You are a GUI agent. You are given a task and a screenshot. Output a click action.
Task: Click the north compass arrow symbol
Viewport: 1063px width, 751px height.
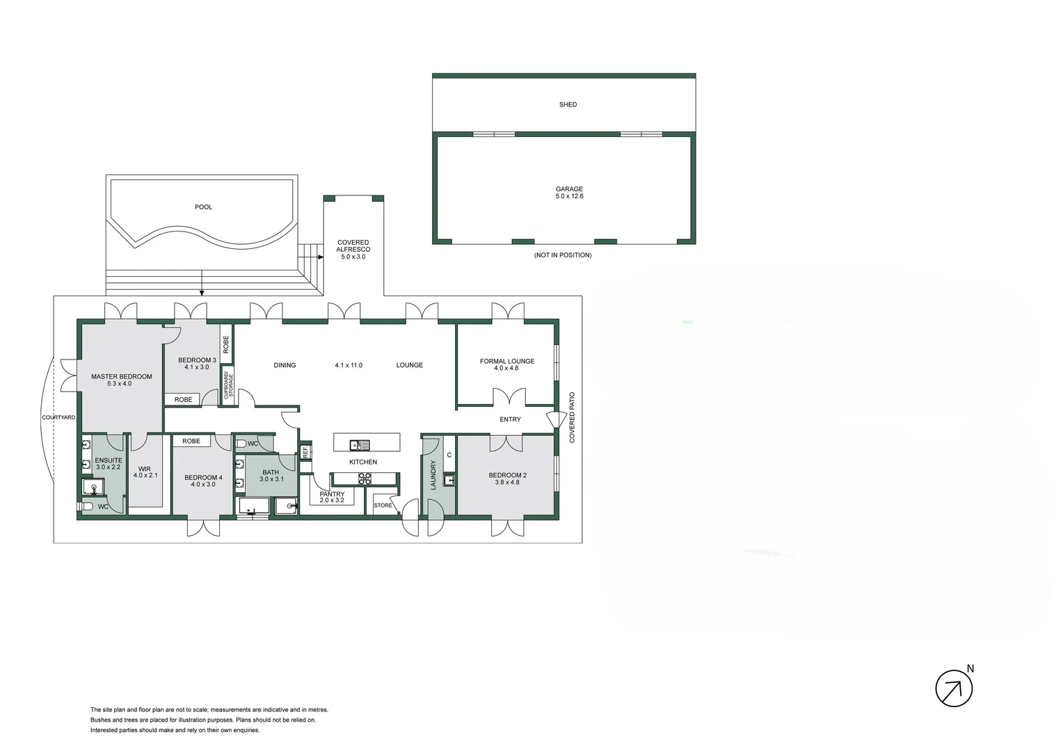[x=954, y=689]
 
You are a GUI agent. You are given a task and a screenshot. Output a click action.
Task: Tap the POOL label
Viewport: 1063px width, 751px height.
[x=204, y=207]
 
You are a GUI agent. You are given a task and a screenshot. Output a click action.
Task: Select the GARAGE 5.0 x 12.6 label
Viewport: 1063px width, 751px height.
[x=569, y=193]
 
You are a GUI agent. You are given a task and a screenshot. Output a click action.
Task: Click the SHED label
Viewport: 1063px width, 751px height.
[x=568, y=105]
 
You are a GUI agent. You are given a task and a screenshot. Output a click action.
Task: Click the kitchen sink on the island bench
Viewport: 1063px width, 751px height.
[x=360, y=445]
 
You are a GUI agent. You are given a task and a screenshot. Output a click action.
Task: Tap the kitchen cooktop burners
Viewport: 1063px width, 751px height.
[x=365, y=478]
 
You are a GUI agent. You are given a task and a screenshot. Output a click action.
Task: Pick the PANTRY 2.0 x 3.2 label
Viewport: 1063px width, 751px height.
[x=332, y=497]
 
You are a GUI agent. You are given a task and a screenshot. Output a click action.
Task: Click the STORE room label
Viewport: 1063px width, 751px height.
[x=383, y=506]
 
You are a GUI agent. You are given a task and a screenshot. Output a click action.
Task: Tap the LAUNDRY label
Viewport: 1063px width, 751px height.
[x=433, y=475]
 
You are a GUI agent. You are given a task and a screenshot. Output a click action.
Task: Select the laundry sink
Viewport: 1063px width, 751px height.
[x=449, y=480]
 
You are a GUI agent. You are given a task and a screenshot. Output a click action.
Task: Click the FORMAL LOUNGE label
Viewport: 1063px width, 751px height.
[x=506, y=364]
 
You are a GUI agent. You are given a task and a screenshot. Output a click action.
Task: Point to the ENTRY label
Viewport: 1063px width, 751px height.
[x=510, y=419]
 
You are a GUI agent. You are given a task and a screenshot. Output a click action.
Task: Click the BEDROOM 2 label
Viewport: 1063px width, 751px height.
[x=506, y=478]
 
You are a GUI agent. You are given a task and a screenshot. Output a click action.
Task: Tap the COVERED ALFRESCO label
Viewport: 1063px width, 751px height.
[x=353, y=250]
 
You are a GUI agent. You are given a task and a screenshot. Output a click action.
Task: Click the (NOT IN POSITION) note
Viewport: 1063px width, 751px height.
[x=563, y=255]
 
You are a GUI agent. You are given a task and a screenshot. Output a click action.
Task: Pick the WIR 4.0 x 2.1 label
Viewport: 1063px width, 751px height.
[x=145, y=472]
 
